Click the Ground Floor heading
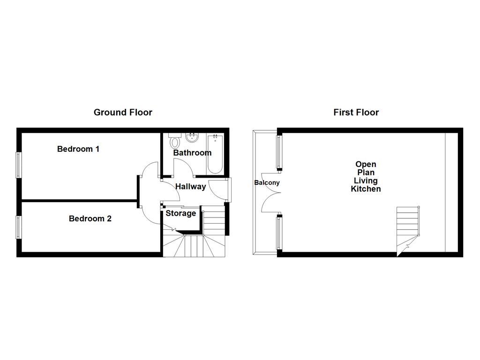click(x=123, y=112)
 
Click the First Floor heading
click(x=356, y=112)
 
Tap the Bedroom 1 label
click(x=78, y=149)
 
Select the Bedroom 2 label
click(x=90, y=218)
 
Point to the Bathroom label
click(x=192, y=153)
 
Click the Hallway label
click(x=190, y=187)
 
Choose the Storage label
click(x=181, y=214)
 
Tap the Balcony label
click(x=267, y=183)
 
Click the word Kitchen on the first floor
click(x=366, y=189)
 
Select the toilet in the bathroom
click(x=175, y=141)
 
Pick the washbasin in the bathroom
click(x=191, y=138)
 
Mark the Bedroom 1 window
click(x=19, y=165)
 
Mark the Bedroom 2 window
click(x=19, y=227)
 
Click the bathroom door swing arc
click(x=181, y=166)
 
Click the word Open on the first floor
click(x=366, y=165)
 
